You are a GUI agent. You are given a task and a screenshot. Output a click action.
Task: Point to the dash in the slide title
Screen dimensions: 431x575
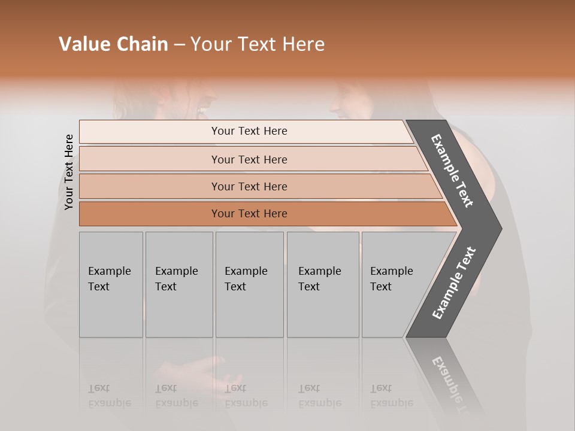tap(179, 45)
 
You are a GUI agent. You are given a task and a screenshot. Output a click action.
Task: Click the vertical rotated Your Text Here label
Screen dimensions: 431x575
tap(69, 172)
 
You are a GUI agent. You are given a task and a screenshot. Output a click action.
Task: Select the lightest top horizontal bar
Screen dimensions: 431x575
tap(246, 131)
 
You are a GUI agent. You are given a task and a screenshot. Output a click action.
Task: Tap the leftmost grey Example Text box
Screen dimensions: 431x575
tap(111, 284)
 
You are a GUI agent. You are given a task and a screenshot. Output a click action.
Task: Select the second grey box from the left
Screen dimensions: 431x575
tap(179, 284)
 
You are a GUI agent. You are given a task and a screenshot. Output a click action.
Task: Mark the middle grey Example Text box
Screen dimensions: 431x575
tap(249, 284)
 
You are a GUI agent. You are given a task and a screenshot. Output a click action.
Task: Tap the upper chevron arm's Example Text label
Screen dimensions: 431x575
tap(452, 171)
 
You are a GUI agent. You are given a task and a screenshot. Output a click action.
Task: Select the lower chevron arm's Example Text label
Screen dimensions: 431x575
tap(454, 283)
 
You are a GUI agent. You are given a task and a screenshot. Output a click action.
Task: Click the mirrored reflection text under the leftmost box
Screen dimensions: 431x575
tap(110, 396)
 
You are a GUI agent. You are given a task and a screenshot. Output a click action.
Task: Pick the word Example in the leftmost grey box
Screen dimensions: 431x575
tap(109, 271)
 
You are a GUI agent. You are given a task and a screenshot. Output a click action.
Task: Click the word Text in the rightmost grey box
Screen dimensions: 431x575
tap(381, 287)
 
